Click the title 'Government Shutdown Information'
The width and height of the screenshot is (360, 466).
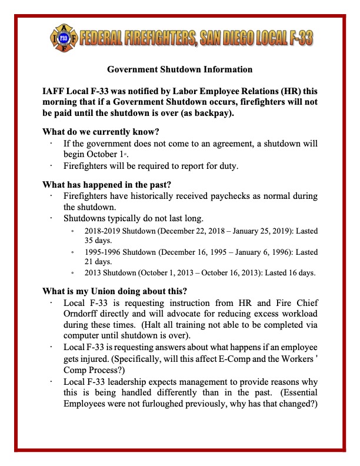(x=180, y=69)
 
